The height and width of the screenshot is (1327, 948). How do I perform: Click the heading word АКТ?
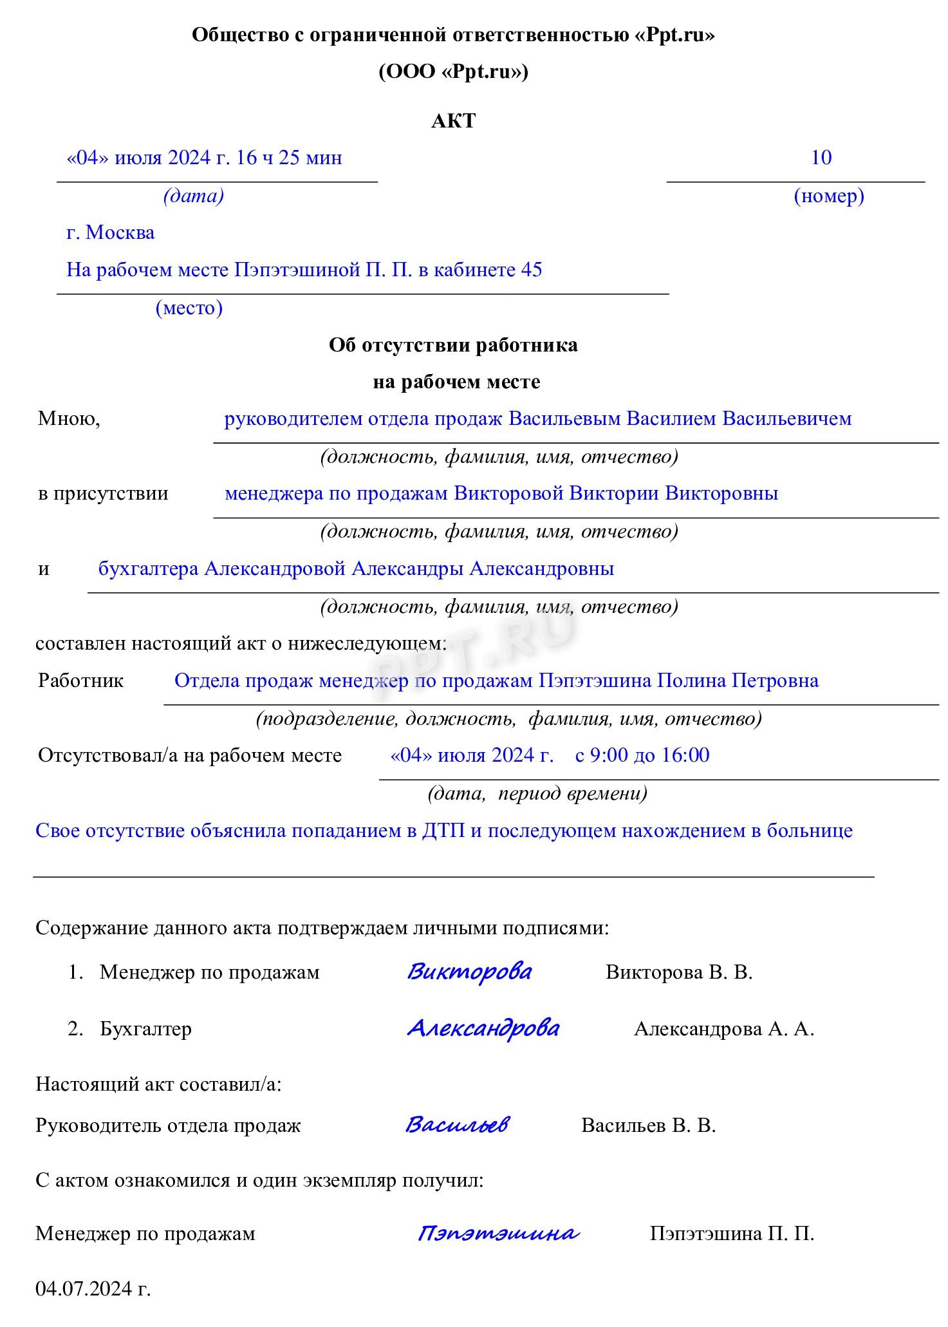453,121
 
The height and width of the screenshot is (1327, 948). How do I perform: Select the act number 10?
821,158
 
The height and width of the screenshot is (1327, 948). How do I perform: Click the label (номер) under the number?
828,196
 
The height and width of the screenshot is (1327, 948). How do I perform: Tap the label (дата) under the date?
193,196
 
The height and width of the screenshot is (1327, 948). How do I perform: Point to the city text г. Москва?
110,232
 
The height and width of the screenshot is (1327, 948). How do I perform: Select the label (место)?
189,308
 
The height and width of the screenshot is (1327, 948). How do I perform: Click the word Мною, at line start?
69,419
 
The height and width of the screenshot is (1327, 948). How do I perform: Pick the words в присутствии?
103,494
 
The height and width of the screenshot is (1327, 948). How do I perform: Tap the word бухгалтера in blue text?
148,569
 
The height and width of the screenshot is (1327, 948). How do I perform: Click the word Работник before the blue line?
80,681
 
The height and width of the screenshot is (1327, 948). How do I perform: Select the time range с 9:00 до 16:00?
642,755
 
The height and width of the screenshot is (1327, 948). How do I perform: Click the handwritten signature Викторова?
469,972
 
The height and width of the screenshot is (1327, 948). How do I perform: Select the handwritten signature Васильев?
457,1125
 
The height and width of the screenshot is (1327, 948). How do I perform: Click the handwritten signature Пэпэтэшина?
498,1233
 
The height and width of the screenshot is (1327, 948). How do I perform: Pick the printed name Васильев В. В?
648,1125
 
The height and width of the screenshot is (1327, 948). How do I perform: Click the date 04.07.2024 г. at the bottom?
93,1289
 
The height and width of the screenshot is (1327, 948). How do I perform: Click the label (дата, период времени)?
537,794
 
